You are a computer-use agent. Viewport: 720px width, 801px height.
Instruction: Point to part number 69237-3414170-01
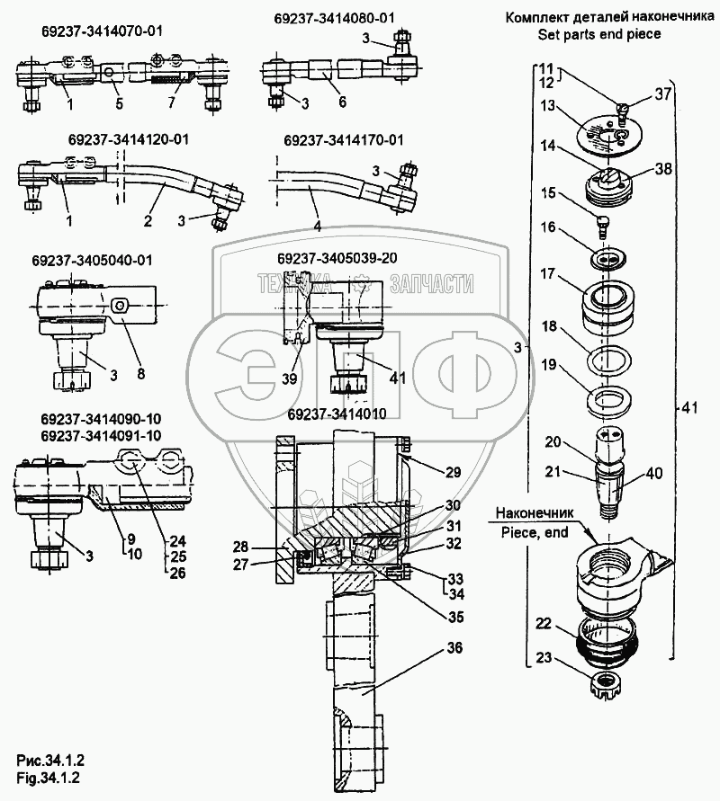tap(343, 140)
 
